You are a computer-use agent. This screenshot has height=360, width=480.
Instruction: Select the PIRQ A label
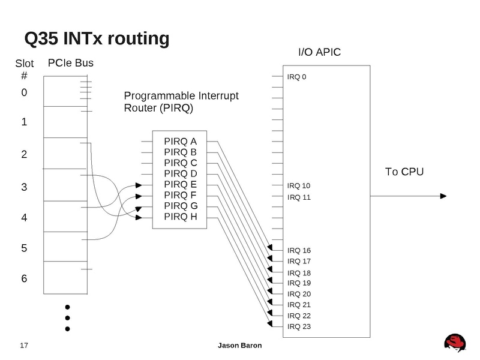(181, 142)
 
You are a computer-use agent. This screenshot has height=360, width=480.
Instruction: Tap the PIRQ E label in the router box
(181, 185)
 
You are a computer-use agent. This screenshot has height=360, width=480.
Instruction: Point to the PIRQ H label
(181, 217)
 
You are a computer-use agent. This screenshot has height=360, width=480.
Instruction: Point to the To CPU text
(404, 172)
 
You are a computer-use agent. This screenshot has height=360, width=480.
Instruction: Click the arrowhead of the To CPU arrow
(445, 196)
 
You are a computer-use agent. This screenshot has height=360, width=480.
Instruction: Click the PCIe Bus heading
(71, 62)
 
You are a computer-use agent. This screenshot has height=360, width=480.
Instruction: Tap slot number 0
(24, 92)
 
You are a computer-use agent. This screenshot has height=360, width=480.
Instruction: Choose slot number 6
(24, 279)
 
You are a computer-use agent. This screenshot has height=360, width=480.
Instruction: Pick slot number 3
(24, 187)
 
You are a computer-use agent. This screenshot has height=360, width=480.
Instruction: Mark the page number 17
(25, 346)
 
